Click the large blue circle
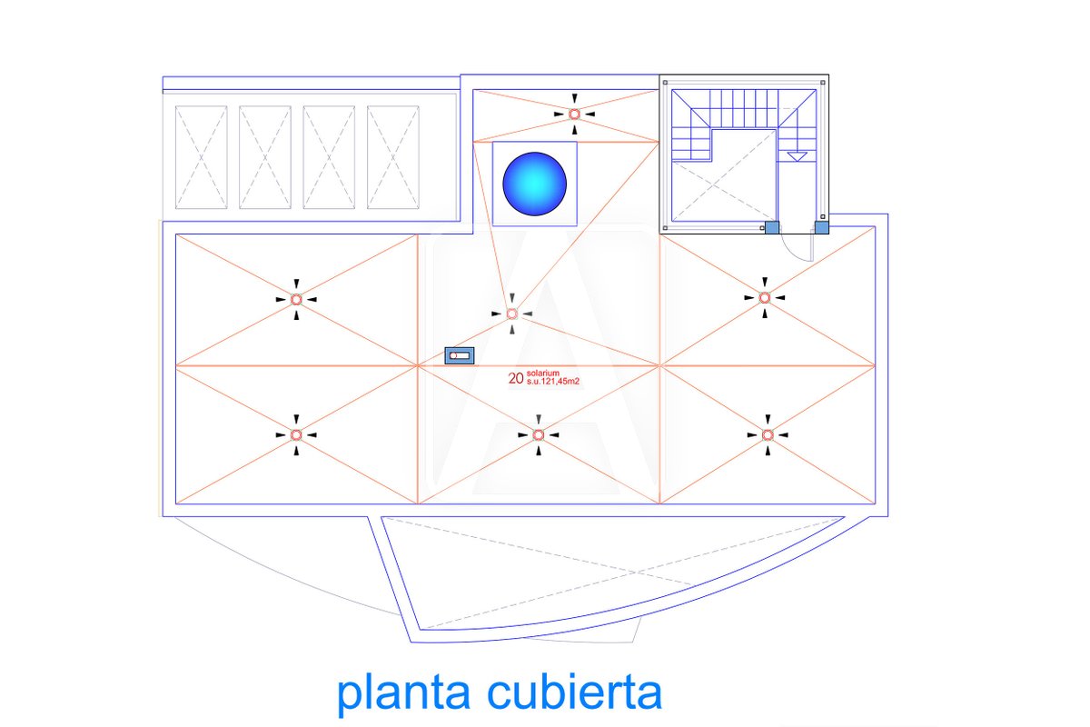click(x=534, y=184)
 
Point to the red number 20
click(x=515, y=379)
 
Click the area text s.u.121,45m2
click(x=552, y=383)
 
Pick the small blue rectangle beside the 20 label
click(x=460, y=355)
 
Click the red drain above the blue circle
click(x=574, y=114)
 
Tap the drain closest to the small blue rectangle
click(x=511, y=314)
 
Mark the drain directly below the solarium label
click(x=539, y=434)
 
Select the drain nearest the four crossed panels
click(x=296, y=298)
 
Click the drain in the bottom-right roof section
click(x=768, y=435)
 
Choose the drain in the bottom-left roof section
click(x=296, y=435)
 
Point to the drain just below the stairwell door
click(x=765, y=297)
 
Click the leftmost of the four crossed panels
click(x=201, y=156)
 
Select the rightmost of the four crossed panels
click(x=392, y=156)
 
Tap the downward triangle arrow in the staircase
click(x=796, y=156)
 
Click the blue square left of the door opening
click(x=771, y=227)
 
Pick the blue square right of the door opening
click(x=821, y=227)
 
